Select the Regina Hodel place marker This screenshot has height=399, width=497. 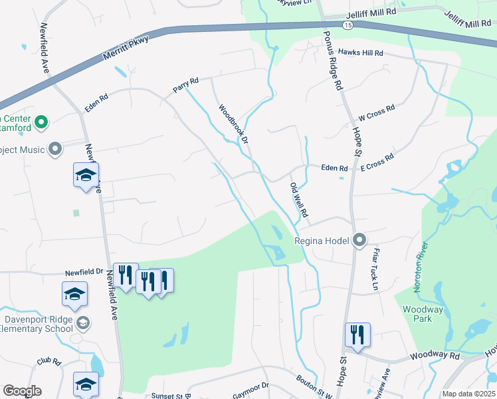tap(359, 239)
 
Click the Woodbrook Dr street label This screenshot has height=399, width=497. tap(233, 124)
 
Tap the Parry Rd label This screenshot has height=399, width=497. tap(185, 84)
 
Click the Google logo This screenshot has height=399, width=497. tap(22, 390)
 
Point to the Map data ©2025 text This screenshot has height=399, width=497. tap(468, 394)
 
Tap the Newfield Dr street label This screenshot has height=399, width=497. tap(84, 272)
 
